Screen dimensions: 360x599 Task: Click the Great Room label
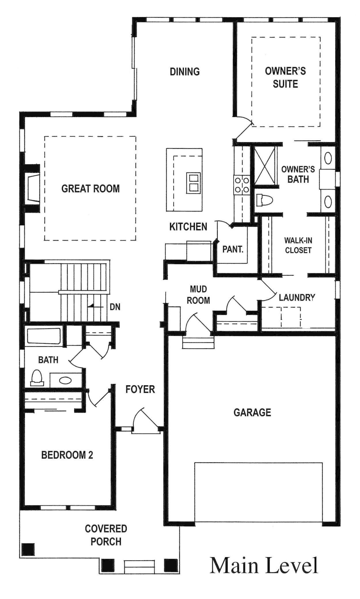coord(90,189)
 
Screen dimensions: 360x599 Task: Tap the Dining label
coord(185,71)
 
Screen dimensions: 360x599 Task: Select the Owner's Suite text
coord(285,77)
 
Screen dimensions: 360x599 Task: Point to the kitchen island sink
coord(192,183)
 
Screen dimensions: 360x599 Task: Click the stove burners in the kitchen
coord(242,185)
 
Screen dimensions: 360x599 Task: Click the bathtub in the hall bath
coord(44,336)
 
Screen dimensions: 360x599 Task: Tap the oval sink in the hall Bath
coord(66,380)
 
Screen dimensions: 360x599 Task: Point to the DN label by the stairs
coord(115,307)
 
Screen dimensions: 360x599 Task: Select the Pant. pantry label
coord(233,249)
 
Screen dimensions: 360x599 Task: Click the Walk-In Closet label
coord(298,245)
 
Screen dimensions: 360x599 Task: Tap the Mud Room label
coord(198,295)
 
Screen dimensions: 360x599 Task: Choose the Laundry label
coord(297,297)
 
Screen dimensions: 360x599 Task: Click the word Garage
coord(252,412)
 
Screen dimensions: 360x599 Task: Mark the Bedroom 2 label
coord(67,455)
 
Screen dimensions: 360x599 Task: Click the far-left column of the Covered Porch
coord(28,549)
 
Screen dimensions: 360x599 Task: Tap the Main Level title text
coord(264,565)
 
